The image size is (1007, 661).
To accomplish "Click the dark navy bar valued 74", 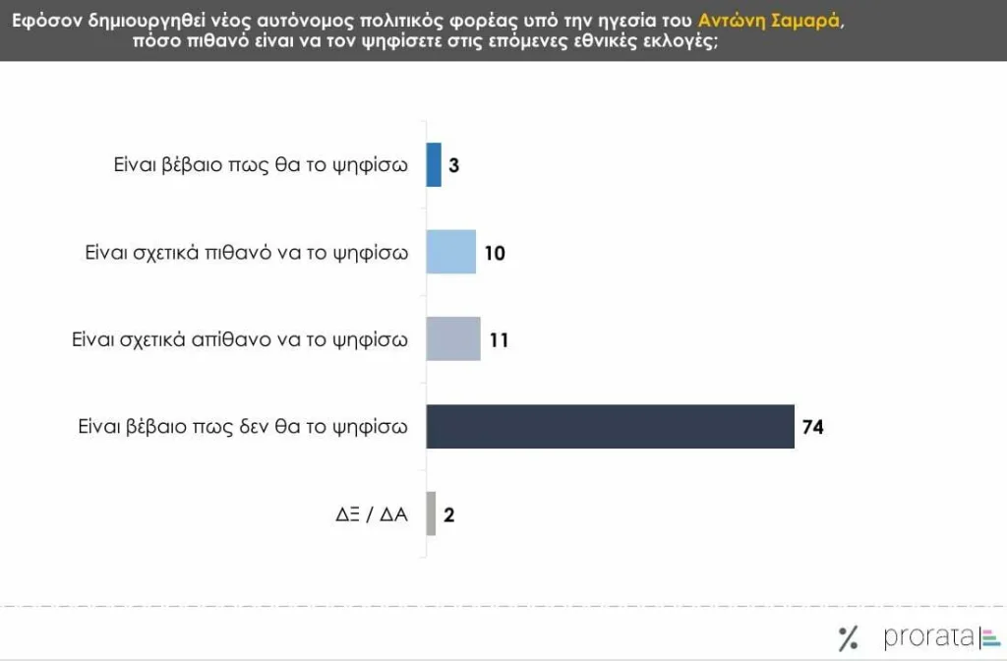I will (x=610, y=426).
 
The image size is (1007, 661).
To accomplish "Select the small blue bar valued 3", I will (x=434, y=164).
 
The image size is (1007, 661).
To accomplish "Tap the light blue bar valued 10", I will (x=450, y=252).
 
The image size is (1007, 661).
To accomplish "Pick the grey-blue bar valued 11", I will (x=453, y=339).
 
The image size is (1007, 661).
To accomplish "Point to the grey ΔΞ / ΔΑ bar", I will (x=431, y=513).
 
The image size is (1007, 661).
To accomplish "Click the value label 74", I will (x=812, y=427).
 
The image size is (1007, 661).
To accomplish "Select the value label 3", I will (x=454, y=165).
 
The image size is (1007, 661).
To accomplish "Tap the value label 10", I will (x=495, y=253).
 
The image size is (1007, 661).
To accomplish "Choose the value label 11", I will (x=499, y=340).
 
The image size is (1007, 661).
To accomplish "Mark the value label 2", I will (x=448, y=514).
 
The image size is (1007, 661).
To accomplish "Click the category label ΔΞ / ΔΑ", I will (x=371, y=514).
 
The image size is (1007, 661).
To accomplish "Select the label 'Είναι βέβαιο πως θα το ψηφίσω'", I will (x=261, y=165).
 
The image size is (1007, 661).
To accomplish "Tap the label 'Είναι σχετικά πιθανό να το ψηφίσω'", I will (x=247, y=253).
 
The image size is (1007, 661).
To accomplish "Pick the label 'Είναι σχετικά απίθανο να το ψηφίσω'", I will (x=240, y=340).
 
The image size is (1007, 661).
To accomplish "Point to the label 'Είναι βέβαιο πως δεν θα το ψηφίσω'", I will (x=243, y=427).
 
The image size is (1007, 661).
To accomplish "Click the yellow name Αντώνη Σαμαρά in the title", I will (x=769, y=19).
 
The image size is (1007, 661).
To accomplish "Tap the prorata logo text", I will (x=928, y=636).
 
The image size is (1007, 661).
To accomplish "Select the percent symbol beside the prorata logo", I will (x=848, y=638).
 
